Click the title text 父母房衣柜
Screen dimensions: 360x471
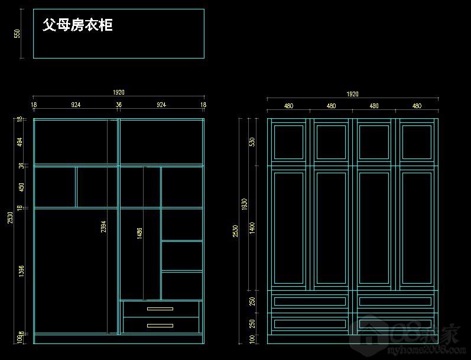tap(77, 25)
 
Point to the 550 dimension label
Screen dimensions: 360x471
tap(17, 34)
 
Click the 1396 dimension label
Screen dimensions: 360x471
tap(21, 271)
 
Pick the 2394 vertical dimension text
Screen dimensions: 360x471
tap(103, 227)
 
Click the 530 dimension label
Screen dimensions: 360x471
tap(252, 142)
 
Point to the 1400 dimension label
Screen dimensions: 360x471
tap(252, 228)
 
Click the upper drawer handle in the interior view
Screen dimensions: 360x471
tap(160, 309)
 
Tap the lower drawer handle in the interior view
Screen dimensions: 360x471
tap(160, 325)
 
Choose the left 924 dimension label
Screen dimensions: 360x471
tap(76, 105)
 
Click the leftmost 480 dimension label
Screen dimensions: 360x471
tap(288, 106)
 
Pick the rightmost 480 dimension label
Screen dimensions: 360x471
tap(417, 106)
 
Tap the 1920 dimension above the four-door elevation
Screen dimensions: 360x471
tap(352, 94)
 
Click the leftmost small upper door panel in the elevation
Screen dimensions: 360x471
tap(288, 142)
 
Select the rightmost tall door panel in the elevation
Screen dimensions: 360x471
tap(417, 228)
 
